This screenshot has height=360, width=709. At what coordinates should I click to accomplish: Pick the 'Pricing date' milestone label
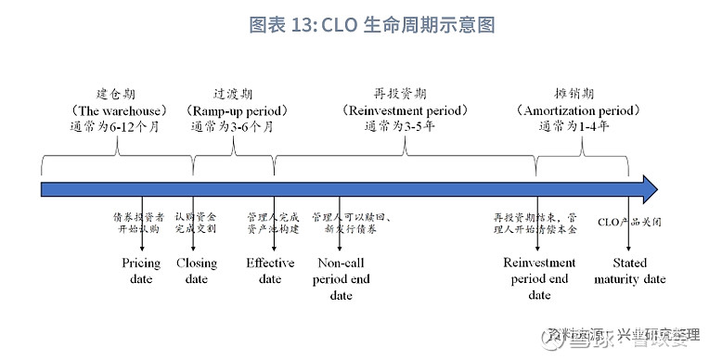point(141,270)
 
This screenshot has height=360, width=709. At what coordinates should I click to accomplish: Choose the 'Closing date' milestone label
point(196,270)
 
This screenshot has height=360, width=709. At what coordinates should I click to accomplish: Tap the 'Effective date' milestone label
point(270,270)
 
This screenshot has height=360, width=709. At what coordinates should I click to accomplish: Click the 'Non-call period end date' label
point(341,278)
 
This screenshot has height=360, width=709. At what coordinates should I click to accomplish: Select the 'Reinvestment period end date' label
point(539,278)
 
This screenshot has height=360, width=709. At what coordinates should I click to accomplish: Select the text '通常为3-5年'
point(400,127)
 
